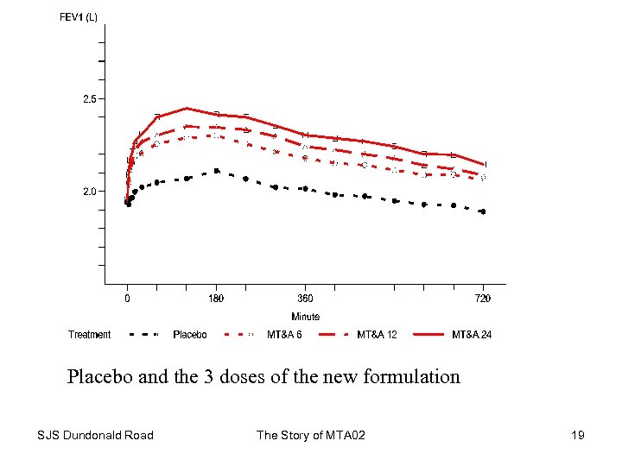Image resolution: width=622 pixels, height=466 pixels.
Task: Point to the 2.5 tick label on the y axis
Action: click(90, 99)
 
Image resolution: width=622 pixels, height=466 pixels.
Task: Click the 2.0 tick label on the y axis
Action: click(90, 192)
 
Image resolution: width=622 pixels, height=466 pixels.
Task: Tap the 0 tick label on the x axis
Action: click(127, 299)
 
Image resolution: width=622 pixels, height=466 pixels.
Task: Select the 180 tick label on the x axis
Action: click(216, 299)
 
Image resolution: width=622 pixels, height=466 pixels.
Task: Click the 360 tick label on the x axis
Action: click(305, 299)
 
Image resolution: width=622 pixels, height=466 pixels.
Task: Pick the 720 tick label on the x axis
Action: click(483, 299)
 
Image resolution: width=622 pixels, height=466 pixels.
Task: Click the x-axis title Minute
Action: click(305, 317)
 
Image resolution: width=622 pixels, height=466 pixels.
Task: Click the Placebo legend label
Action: click(190, 335)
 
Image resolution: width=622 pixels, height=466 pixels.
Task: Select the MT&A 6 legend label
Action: click(284, 335)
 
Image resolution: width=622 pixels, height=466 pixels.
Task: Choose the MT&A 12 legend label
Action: click(378, 335)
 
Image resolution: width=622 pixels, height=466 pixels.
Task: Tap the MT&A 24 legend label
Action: click(472, 335)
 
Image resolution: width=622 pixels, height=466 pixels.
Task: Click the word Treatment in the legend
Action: click(90, 335)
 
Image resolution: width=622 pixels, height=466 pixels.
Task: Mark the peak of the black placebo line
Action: click(216, 171)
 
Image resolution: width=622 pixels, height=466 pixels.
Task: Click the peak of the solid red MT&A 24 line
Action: click(187, 109)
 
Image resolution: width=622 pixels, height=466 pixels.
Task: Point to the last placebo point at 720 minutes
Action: click(482, 211)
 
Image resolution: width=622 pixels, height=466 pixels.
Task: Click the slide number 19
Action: click(578, 435)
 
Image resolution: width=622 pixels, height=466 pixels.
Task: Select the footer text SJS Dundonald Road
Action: click(96, 435)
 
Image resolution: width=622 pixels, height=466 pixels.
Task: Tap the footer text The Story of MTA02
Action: click(311, 435)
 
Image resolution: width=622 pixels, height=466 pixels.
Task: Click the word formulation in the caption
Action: click(410, 377)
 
